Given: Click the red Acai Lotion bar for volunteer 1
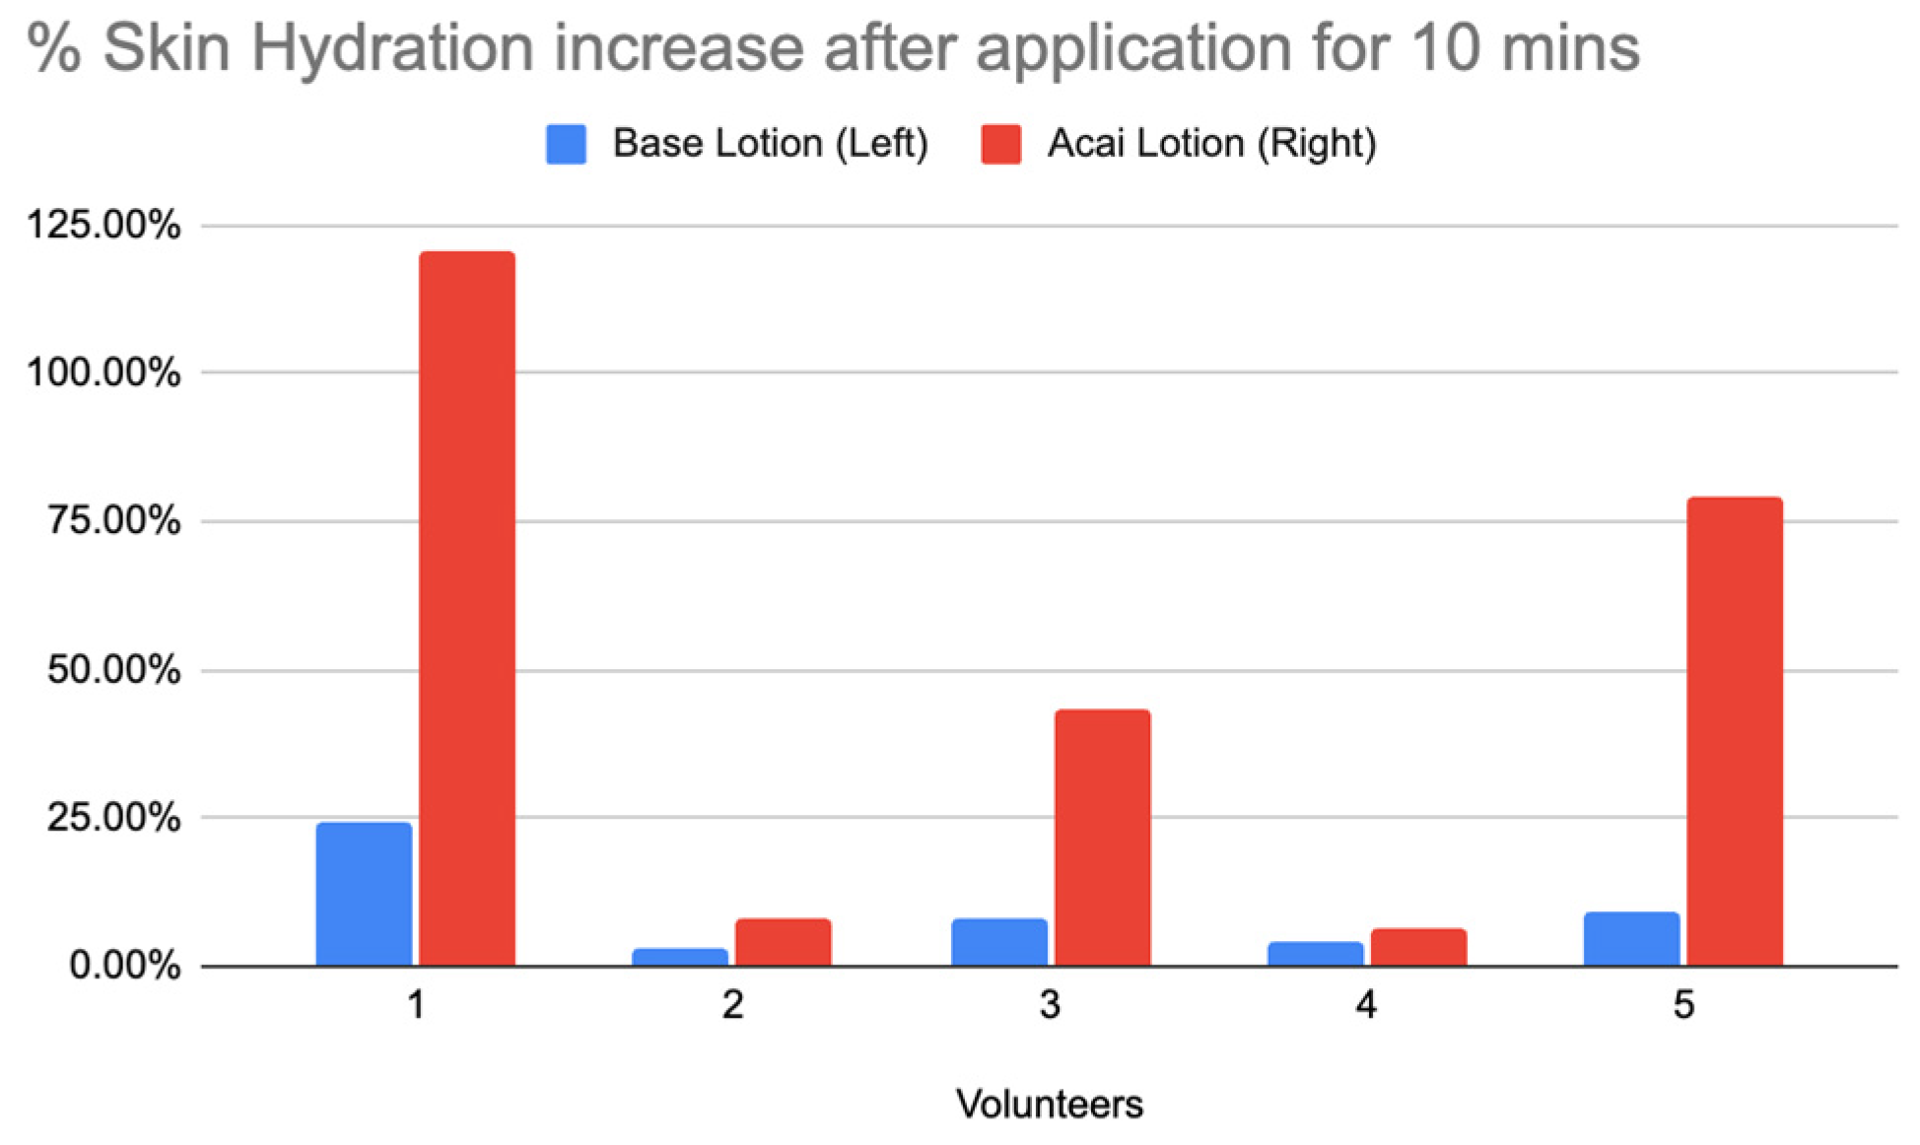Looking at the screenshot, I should click(467, 608).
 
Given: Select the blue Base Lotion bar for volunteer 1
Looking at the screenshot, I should click(364, 894).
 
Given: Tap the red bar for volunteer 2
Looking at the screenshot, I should click(783, 942).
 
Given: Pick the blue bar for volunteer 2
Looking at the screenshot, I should click(680, 957).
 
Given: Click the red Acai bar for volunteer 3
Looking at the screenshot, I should click(1102, 837).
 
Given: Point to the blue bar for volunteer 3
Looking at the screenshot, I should click(999, 942).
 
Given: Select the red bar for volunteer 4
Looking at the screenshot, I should click(1418, 947).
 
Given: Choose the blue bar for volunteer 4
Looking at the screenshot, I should click(1316, 954).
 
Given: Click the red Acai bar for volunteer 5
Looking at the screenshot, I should click(1735, 731).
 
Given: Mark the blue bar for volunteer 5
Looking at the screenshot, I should click(1631, 939).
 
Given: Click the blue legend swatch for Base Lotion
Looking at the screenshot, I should click(566, 144).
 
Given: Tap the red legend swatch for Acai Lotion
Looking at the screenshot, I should click(1000, 144).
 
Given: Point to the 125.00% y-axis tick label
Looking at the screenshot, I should click(103, 225).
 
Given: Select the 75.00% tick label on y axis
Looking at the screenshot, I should click(113, 520).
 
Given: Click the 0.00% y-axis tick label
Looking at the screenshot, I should click(124, 965).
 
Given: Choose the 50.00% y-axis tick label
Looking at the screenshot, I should click(113, 670).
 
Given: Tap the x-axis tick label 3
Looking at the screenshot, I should click(1050, 1005).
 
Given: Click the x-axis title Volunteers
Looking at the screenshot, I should click(1050, 1105).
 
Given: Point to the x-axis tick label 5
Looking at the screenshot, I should click(1683, 1005).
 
